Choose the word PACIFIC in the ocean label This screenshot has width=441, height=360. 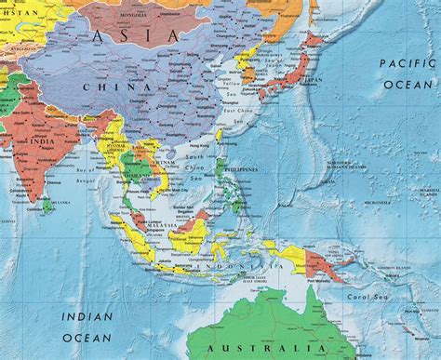click(407, 63)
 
